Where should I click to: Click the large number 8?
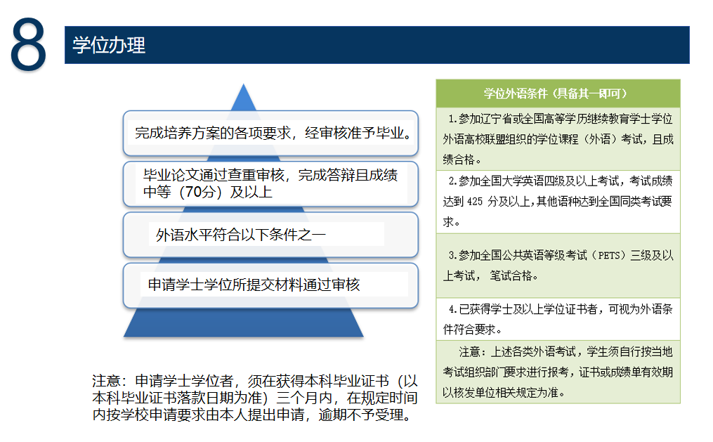(x=28, y=44)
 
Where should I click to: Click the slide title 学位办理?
(x=109, y=45)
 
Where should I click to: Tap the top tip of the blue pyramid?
(x=244, y=84)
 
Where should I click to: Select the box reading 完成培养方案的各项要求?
(x=270, y=133)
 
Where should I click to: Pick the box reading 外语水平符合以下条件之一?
(x=270, y=235)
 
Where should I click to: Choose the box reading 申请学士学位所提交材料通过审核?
(x=270, y=285)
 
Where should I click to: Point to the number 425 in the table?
(x=475, y=202)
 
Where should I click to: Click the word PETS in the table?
(x=608, y=256)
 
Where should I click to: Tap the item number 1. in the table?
(x=452, y=119)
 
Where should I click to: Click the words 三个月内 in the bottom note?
(x=304, y=398)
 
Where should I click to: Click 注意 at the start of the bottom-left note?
(x=106, y=381)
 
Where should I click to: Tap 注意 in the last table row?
(x=469, y=352)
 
